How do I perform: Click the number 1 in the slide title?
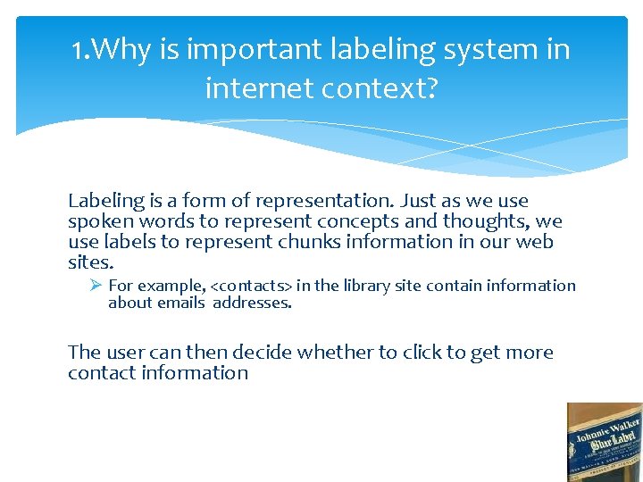pos(79,50)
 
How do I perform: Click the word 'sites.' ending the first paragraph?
pos(91,262)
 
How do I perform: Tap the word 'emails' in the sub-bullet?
pos(181,303)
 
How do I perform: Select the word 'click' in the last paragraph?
pos(422,353)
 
